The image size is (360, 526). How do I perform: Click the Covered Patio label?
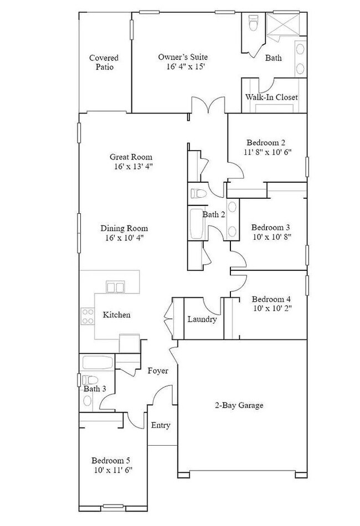coord(104,62)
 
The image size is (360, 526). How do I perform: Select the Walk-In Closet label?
coord(271,97)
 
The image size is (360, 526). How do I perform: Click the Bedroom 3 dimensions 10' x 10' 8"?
coord(271,236)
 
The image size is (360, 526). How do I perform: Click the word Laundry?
coord(202,319)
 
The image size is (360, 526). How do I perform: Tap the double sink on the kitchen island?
coord(115,286)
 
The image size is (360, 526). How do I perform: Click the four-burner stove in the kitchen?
coord(88,316)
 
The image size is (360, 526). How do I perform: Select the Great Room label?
coord(131,157)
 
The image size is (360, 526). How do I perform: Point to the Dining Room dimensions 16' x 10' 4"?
coord(124,238)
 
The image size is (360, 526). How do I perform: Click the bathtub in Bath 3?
coord(97,363)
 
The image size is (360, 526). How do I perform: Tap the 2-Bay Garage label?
coord(239,405)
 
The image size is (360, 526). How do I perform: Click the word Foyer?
coord(158,370)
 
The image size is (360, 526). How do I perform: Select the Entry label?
coord(161,425)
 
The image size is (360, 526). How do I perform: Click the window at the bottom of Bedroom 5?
coord(113,506)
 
